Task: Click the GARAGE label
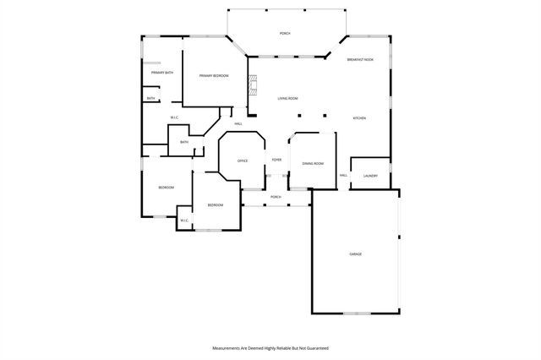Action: pos(356,254)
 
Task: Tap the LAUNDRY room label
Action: pos(370,176)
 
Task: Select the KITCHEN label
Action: pos(359,117)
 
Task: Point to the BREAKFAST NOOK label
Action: pos(361,59)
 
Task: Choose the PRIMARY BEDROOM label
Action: pos(214,76)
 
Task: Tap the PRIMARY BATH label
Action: pos(162,73)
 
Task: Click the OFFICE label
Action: pos(242,161)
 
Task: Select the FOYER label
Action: pos(276,159)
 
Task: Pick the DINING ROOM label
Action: pos(313,163)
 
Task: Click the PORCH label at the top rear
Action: pos(286,33)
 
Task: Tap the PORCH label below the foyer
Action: pos(276,197)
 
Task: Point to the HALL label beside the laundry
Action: pos(344,175)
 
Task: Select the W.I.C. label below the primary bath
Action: pos(174,117)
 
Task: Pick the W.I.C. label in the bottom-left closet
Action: pos(183,221)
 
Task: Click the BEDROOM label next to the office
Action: pos(216,205)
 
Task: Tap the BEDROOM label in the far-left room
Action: pos(166,187)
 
